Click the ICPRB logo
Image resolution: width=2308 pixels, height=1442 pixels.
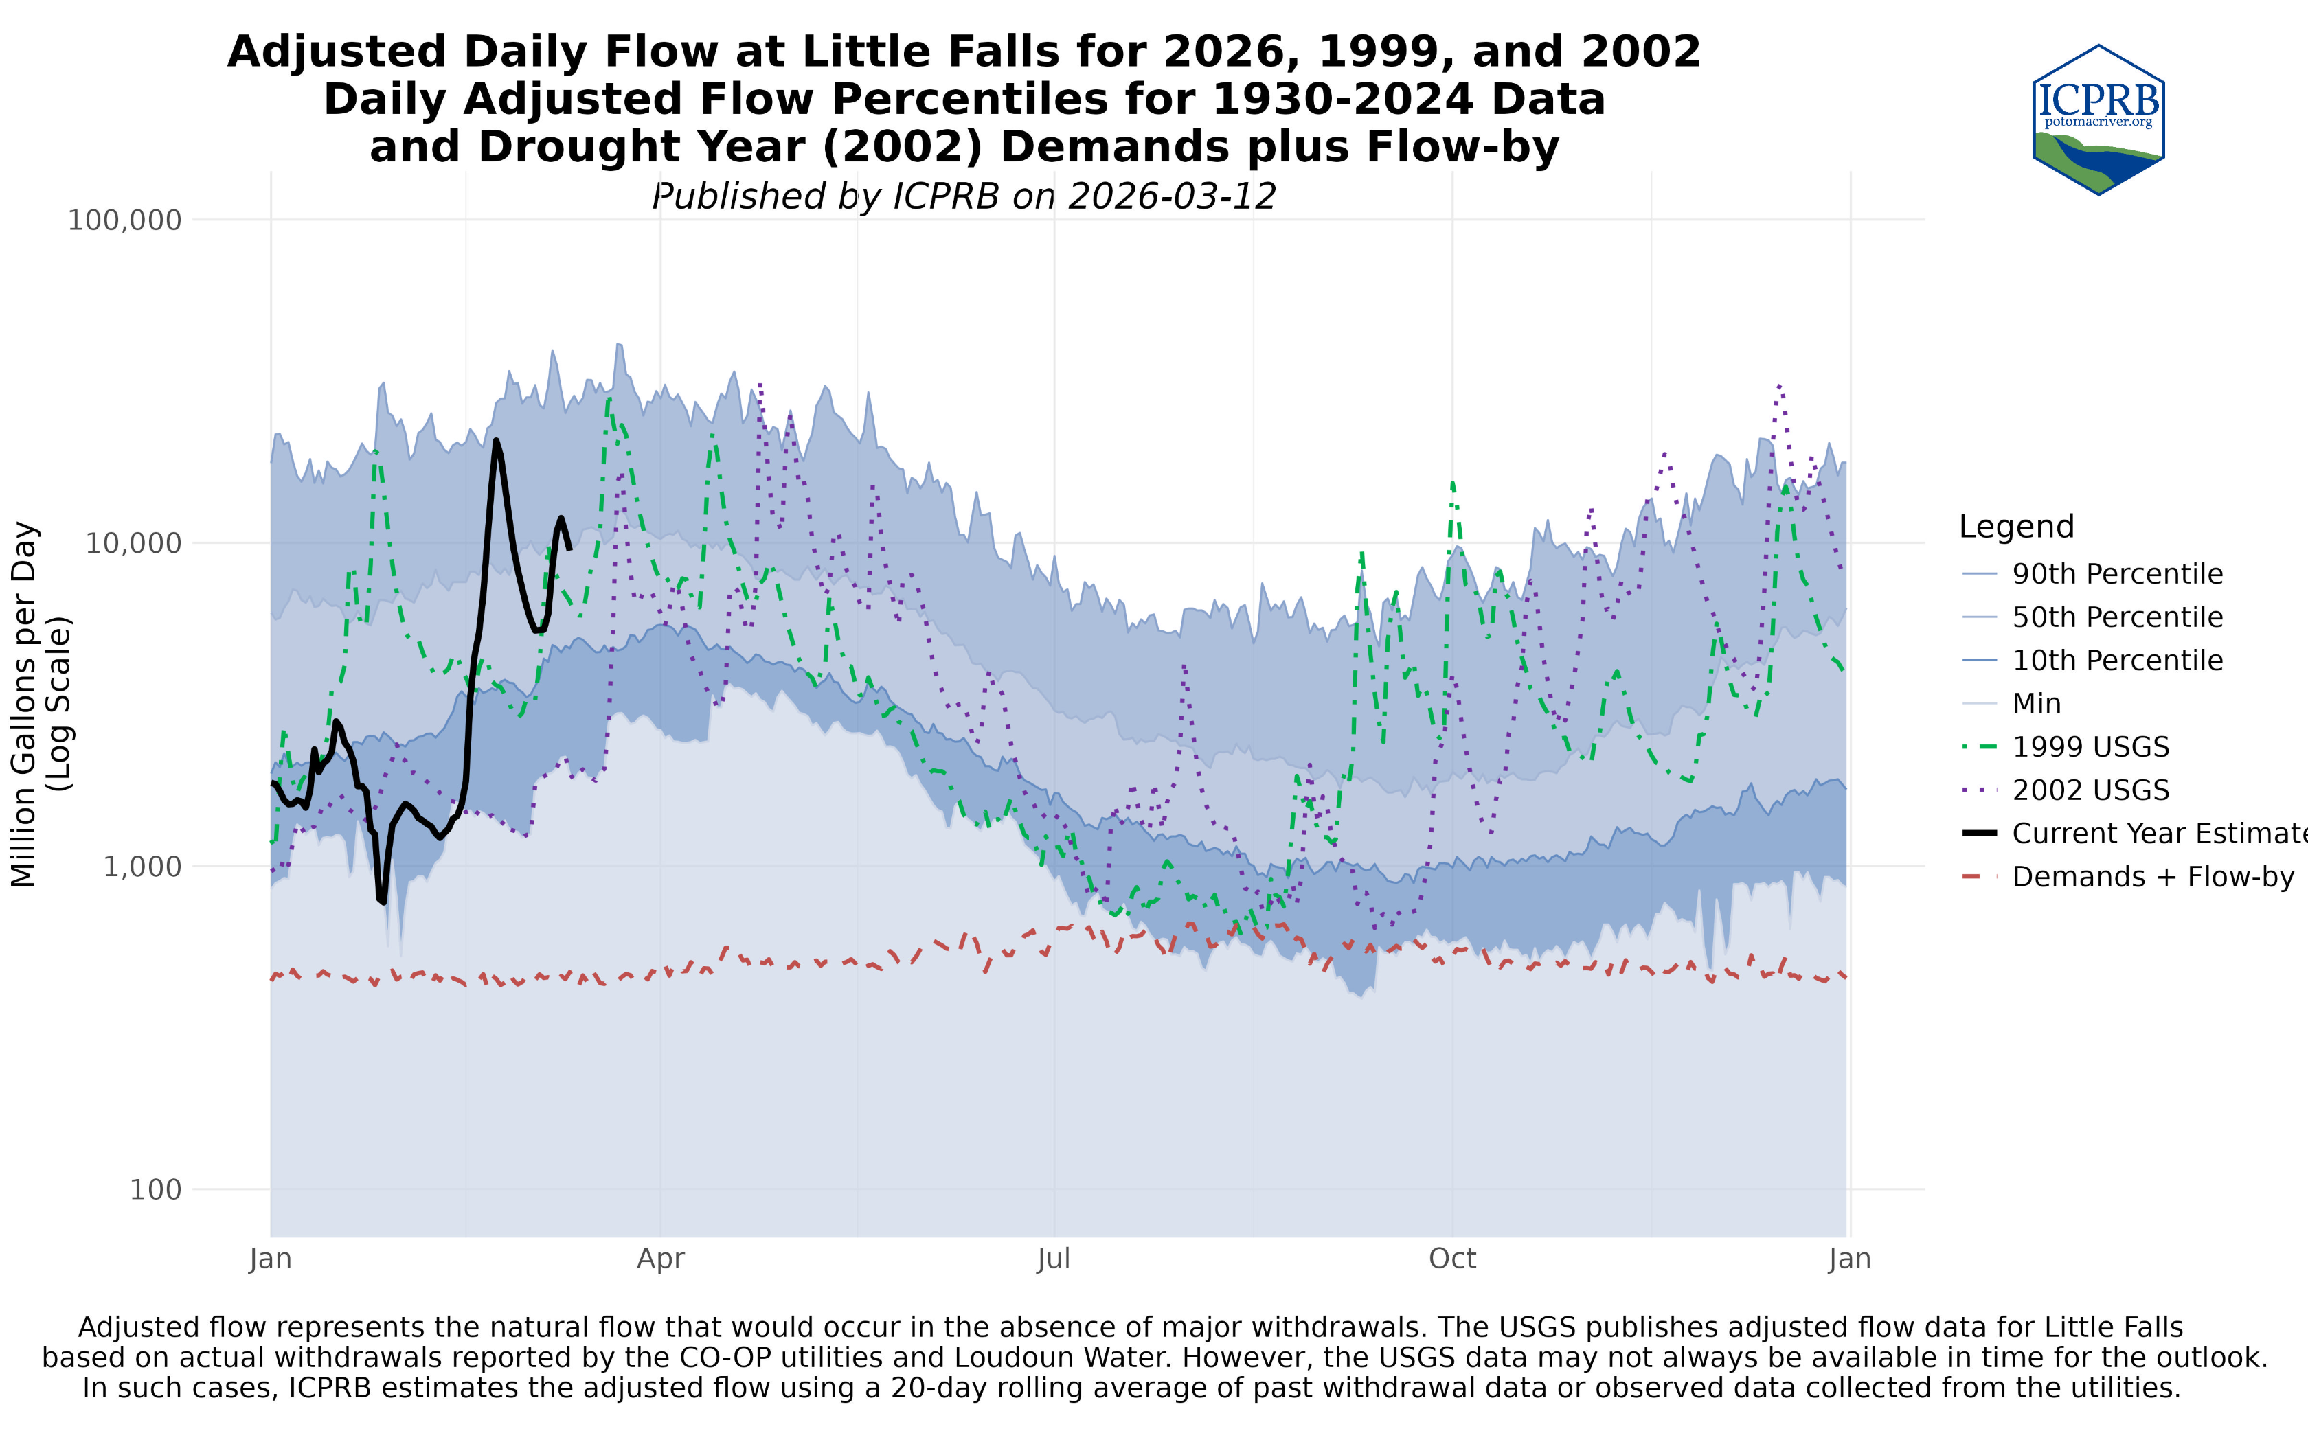coord(2098,119)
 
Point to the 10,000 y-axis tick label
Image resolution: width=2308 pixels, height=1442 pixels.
coord(133,544)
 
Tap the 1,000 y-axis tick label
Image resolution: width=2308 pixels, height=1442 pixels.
coord(141,867)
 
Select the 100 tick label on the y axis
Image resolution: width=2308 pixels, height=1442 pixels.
coord(155,1190)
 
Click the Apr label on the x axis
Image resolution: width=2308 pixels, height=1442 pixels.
coord(661,1259)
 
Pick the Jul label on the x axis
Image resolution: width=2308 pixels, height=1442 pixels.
coord(1054,1259)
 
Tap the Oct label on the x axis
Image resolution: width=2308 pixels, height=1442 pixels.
coord(1451,1259)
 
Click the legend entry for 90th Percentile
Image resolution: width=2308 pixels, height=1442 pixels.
coord(2117,574)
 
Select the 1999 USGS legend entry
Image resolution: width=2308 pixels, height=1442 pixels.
coord(2090,747)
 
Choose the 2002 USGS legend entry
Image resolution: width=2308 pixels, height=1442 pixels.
coord(2090,790)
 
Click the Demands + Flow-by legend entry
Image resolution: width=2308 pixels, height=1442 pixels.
coord(2153,878)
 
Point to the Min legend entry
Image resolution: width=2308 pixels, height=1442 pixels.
coord(2036,704)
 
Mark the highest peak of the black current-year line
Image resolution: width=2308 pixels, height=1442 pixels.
coord(496,441)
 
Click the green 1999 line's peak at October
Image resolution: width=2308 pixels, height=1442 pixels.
coord(1451,483)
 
